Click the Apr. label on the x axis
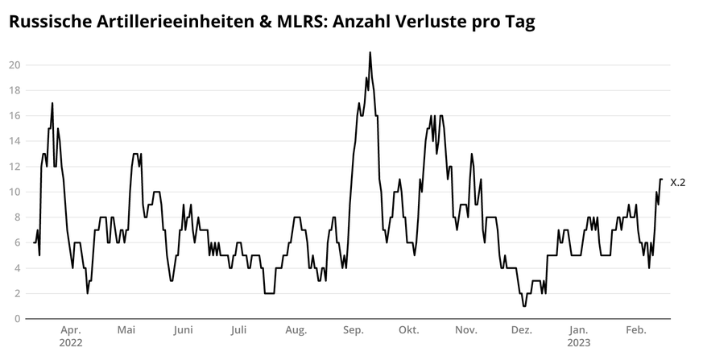[71, 330]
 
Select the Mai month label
[126, 330]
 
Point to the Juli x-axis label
[238, 330]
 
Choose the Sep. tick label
[353, 330]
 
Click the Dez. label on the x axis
[522, 330]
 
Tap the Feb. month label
[636, 330]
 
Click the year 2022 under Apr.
[71, 342]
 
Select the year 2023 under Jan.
[578, 342]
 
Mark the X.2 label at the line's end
[677, 183]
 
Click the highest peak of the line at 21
[370, 52]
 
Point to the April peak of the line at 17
[52, 103]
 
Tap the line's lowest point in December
[524, 306]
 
